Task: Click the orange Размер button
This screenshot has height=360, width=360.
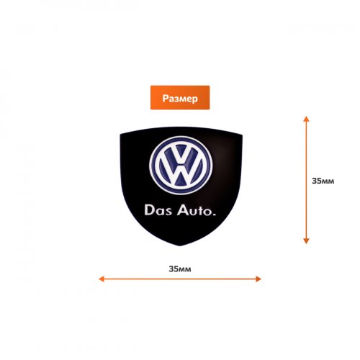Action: [x=180, y=97]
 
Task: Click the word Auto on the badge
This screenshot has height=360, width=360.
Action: [x=193, y=210]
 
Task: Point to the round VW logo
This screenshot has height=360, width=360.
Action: [x=181, y=166]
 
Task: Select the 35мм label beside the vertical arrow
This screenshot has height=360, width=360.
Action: [x=323, y=181]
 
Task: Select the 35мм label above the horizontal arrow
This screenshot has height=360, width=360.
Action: [x=180, y=269]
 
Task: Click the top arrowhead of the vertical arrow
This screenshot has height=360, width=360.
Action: [x=306, y=119]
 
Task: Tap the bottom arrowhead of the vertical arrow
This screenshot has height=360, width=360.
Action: [x=306, y=241]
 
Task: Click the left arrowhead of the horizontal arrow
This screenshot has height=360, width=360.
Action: [x=102, y=279]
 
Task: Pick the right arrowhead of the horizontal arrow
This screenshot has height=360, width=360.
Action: [x=258, y=279]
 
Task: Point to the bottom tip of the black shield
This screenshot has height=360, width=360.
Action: [x=180, y=246]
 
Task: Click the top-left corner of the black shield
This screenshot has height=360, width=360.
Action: [x=120, y=135]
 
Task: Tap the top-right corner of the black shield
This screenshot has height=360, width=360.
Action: [x=242, y=135]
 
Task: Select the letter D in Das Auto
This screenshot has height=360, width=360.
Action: [x=149, y=210]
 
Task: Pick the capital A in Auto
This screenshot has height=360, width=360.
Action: [x=182, y=210]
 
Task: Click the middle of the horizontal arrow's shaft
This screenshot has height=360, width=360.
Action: [x=180, y=279]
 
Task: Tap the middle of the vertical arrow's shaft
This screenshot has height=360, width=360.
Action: [x=306, y=180]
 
